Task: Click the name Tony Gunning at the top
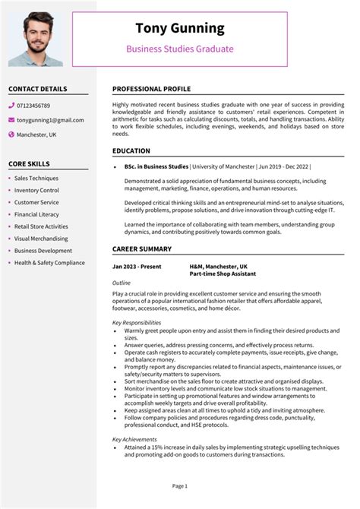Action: [x=180, y=28]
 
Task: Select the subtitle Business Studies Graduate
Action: [x=180, y=49]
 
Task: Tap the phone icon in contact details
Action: [x=11, y=106]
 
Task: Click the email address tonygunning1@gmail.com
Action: [x=50, y=120]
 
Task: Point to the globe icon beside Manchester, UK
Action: [x=11, y=134]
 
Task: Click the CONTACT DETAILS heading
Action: [x=38, y=89]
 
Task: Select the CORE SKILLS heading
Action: [x=29, y=164]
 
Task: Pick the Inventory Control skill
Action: [x=36, y=191]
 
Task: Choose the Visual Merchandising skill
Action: [x=41, y=239]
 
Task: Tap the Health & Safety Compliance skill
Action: [x=49, y=263]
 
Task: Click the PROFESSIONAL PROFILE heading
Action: [x=151, y=89]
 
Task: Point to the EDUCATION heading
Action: [x=131, y=151]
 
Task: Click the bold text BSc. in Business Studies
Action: [x=156, y=166]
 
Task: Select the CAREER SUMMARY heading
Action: [x=141, y=249]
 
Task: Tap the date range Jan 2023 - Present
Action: [x=137, y=267]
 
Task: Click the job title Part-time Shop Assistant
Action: [x=223, y=273]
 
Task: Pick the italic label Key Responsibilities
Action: [x=137, y=323]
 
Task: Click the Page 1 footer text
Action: [x=180, y=485]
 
